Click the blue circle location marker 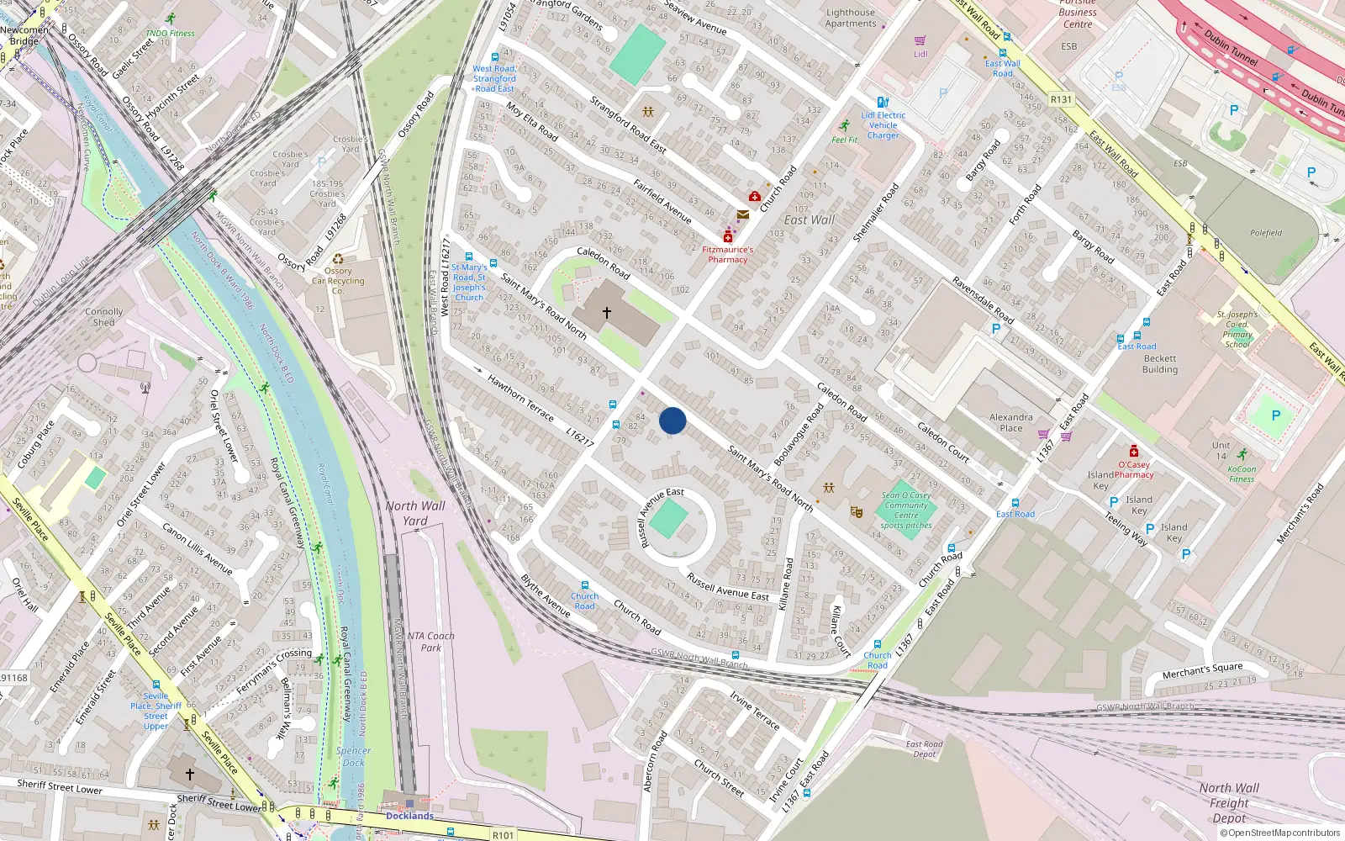click(672, 420)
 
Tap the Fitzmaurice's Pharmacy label click(727, 254)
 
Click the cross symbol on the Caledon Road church click(606, 313)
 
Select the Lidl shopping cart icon click(920, 40)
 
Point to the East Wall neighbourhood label click(809, 220)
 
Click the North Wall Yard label click(415, 513)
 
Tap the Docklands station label click(409, 816)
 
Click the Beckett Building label click(1160, 363)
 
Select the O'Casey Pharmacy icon click(1133, 452)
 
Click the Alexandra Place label click(1010, 422)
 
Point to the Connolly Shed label click(103, 316)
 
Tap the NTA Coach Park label click(430, 642)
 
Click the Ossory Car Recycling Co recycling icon click(338, 260)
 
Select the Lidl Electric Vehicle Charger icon click(883, 103)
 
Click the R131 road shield click(1061, 99)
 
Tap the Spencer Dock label click(353, 756)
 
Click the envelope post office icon click(743, 215)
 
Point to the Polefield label click(1265, 233)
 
